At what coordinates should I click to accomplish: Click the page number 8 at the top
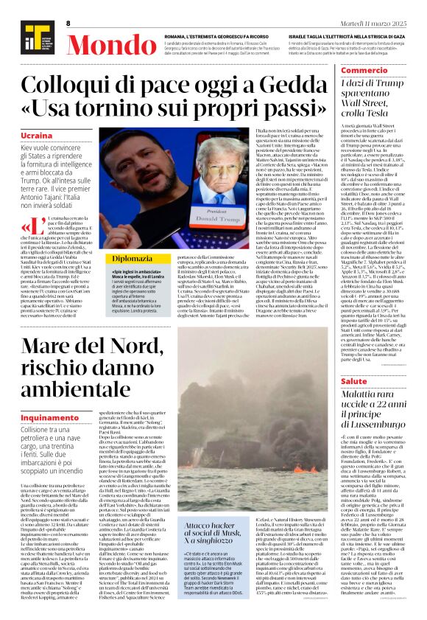point(68,23)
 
